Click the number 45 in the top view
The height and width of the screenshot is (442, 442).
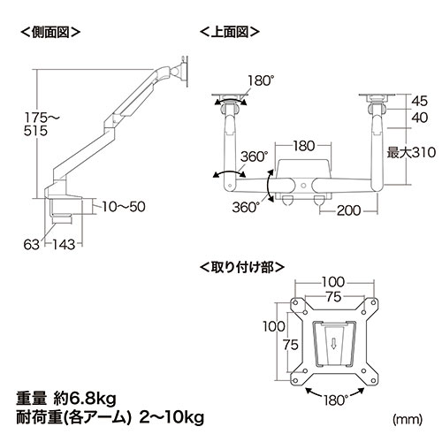[x=419, y=101]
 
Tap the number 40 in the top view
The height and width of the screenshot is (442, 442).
[x=419, y=118]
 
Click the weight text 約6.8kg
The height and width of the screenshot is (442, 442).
[x=92, y=393]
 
